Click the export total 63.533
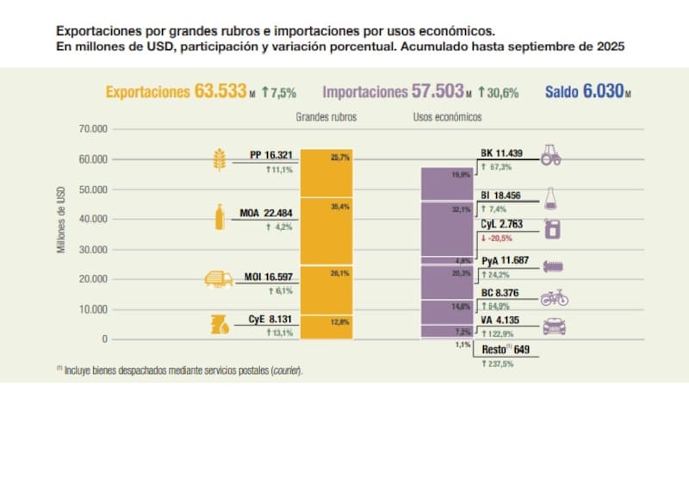pos(222,91)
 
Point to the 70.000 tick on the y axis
pos(90,129)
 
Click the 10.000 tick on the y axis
pos(90,309)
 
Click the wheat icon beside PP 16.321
pos(218,160)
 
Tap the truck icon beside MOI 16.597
pos(217,279)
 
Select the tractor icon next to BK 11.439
pos(551,155)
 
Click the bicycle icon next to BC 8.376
pos(554,299)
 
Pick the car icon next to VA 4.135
pos(555,326)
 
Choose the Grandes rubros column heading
pos(326,116)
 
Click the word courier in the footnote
pos(286,370)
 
